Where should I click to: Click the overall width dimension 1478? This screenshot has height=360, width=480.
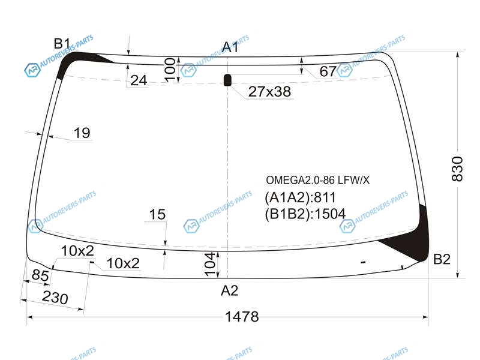tap(242, 317)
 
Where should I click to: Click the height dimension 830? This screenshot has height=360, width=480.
tap(457, 169)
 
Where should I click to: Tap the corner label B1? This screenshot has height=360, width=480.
tap(62, 44)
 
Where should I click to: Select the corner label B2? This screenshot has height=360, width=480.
tap(442, 259)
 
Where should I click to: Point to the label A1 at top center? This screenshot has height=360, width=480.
tap(230, 47)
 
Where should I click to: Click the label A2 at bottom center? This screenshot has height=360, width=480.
tap(229, 290)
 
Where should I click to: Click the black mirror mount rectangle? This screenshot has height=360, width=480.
tap(228, 80)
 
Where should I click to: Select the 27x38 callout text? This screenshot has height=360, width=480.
tap(269, 92)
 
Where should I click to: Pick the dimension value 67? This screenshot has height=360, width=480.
tap(328, 71)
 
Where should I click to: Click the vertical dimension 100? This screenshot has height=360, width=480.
tap(170, 70)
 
